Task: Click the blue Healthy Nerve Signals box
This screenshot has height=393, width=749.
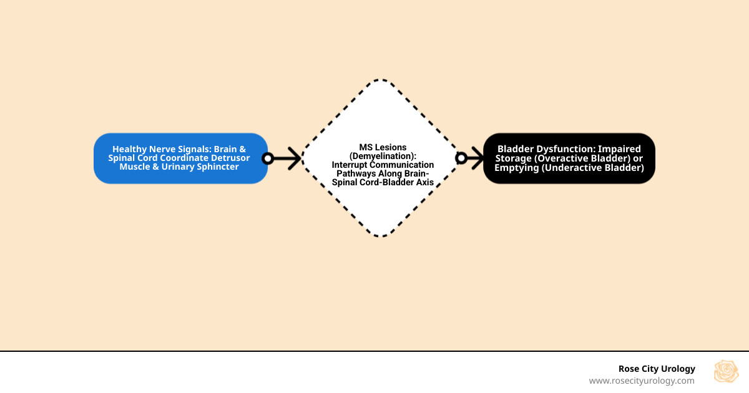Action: [180, 158]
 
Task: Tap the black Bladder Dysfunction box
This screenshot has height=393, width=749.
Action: [569, 158]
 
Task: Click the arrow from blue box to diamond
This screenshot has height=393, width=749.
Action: [286, 158]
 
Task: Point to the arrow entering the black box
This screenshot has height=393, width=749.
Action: [474, 158]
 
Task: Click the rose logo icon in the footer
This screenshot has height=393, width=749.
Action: [726, 372]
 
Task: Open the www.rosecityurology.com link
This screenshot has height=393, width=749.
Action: [642, 381]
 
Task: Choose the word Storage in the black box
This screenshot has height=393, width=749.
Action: [516, 158]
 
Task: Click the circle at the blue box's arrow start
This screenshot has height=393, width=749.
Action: [268, 158]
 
